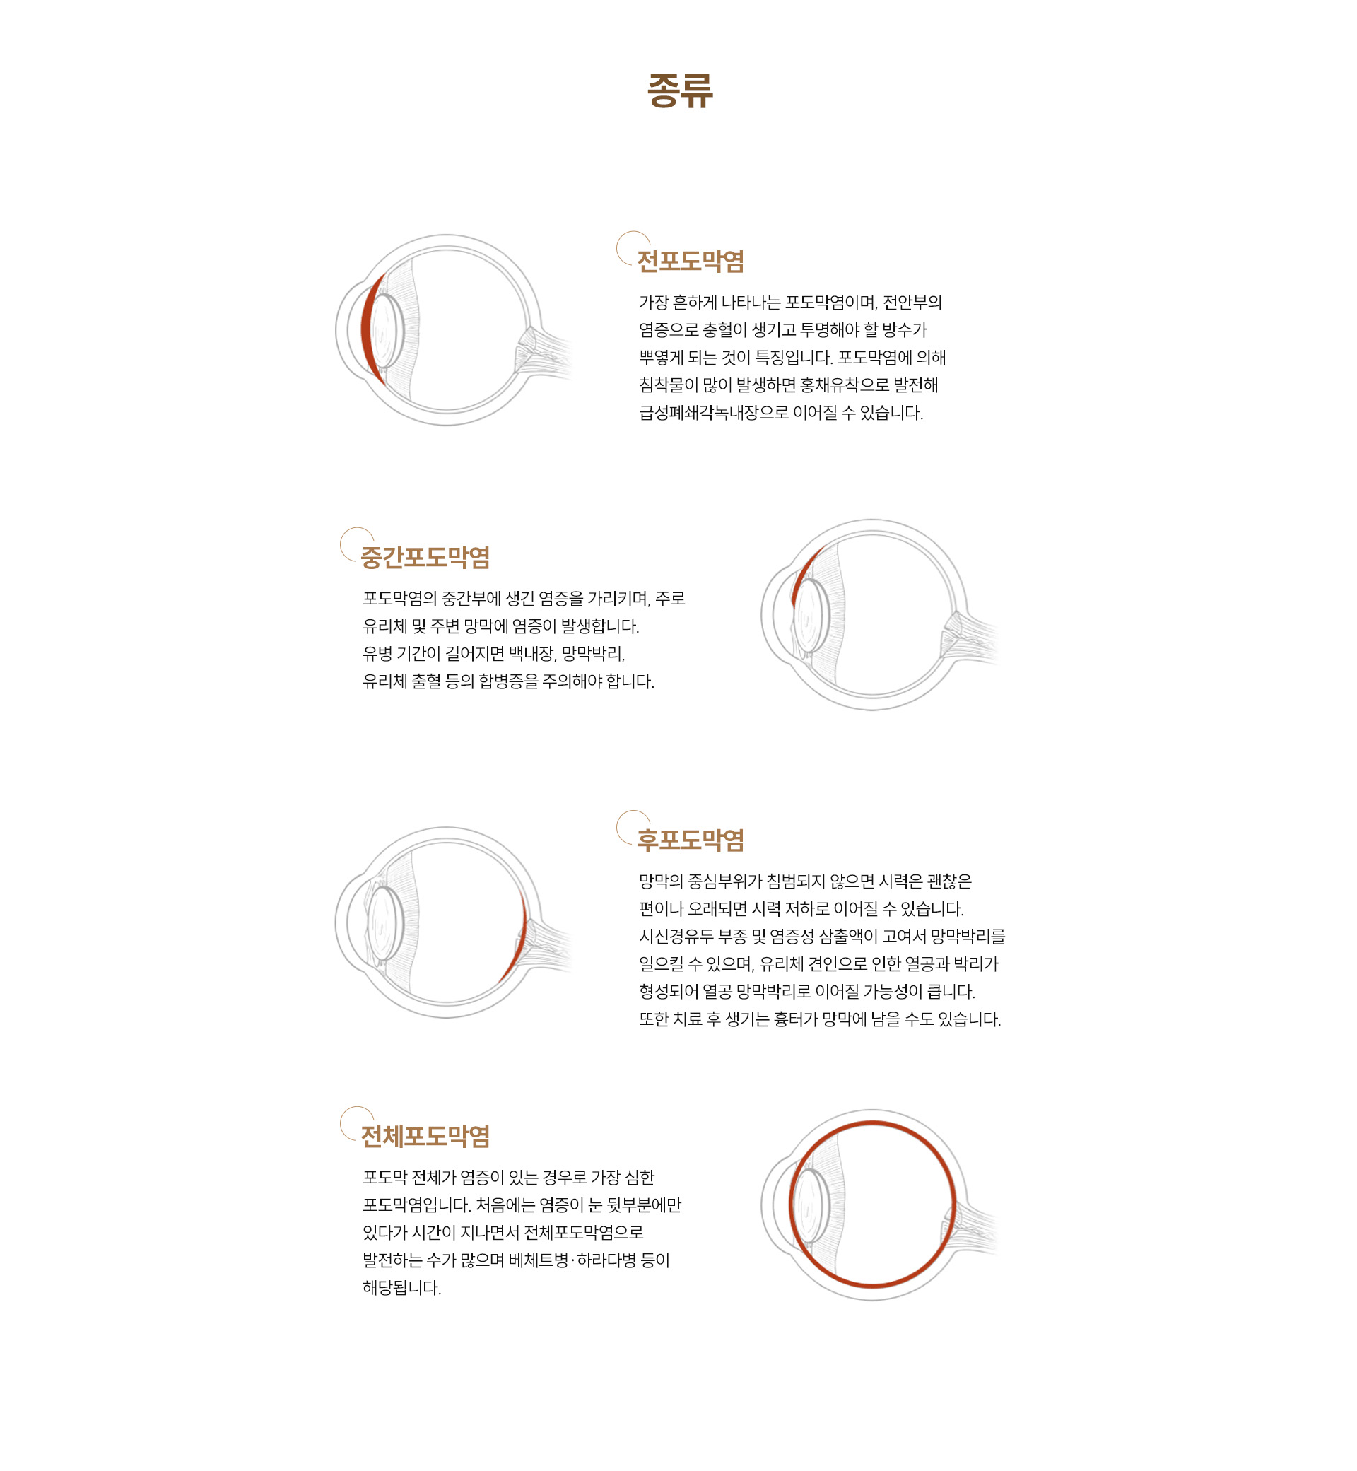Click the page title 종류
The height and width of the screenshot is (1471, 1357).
pyautogui.click(x=679, y=91)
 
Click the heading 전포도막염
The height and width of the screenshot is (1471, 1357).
pyautogui.click(x=691, y=262)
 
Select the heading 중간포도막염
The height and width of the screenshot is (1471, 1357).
pyautogui.click(x=425, y=558)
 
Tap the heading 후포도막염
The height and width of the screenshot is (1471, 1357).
pyautogui.click(x=691, y=840)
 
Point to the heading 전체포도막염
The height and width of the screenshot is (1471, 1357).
pyautogui.click(x=425, y=1136)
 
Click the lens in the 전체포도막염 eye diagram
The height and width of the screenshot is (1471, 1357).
pyautogui.click(x=811, y=1205)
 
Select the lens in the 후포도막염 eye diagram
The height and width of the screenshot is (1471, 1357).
pyautogui.click(x=385, y=923)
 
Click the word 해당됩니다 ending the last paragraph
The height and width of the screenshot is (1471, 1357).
pyautogui.click(x=401, y=1288)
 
